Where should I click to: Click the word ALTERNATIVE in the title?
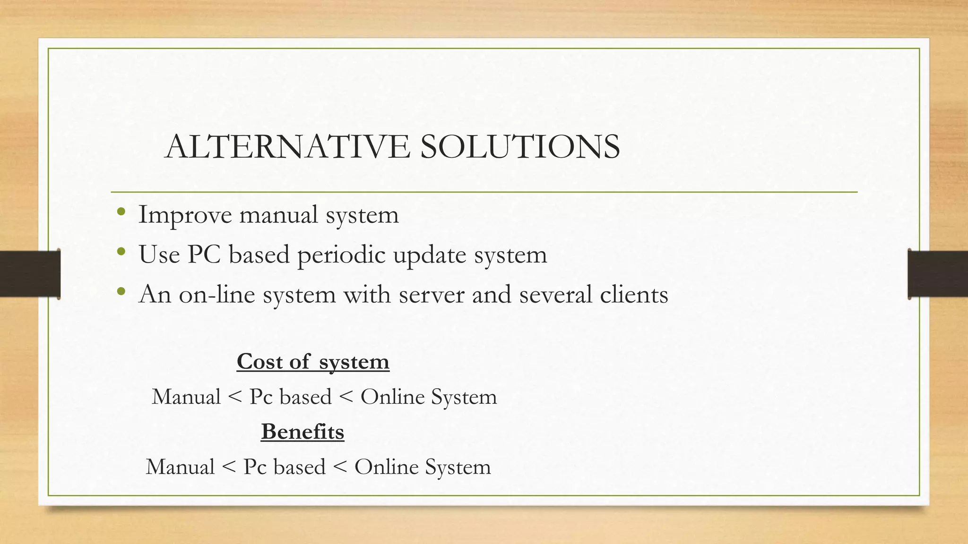click(x=288, y=146)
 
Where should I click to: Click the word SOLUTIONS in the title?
click(x=520, y=146)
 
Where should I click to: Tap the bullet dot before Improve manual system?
click(x=121, y=212)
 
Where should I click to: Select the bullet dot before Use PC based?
click(x=121, y=252)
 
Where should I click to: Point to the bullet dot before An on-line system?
click(x=121, y=291)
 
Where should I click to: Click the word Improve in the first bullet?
click(x=185, y=215)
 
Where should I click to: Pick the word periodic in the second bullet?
click(x=341, y=255)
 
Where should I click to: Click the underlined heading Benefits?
click(x=302, y=432)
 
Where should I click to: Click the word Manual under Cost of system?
click(x=186, y=397)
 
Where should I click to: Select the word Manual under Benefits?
click(x=180, y=467)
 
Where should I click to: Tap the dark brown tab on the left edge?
click(x=30, y=274)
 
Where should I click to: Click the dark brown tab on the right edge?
click(x=938, y=274)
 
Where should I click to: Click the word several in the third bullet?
click(x=555, y=295)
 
